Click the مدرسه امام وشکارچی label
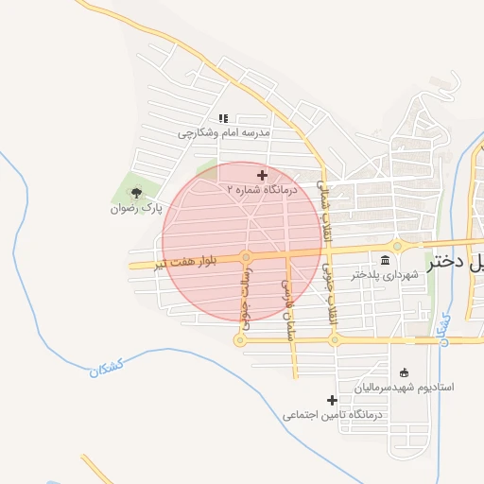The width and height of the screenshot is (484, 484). pyautogui.click(x=225, y=133)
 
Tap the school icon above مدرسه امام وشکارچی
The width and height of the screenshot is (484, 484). pyautogui.click(x=224, y=118)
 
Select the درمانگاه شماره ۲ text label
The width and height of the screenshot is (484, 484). pyautogui.click(x=262, y=190)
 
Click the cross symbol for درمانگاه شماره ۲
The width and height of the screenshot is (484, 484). pyautogui.click(x=262, y=175)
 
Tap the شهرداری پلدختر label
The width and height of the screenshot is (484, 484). pyautogui.click(x=385, y=275)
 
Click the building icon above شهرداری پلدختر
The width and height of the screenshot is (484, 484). pyautogui.click(x=385, y=260)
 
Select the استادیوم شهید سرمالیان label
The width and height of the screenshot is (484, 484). pyautogui.click(x=405, y=388)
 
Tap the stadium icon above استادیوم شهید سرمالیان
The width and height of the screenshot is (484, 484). pyautogui.click(x=406, y=372)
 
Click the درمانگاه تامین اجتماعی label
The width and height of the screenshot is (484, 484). pyautogui.click(x=331, y=415)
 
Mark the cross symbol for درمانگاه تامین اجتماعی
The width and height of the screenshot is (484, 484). pyautogui.click(x=332, y=400)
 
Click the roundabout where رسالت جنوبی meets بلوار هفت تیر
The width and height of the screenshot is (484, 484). pyautogui.click(x=246, y=257)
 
